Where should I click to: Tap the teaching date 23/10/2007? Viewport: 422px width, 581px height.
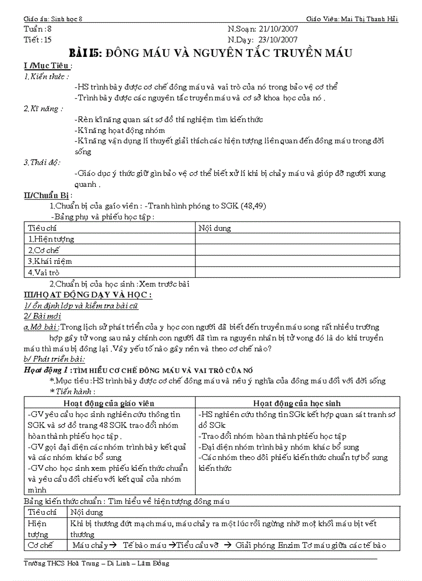click(278, 39)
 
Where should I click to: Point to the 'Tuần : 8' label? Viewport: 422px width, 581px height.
click(38, 29)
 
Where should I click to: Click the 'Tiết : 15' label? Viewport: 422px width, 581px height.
click(38, 39)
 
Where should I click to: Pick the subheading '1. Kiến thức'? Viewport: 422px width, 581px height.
click(46, 76)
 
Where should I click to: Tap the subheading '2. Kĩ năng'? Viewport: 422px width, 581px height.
click(43, 109)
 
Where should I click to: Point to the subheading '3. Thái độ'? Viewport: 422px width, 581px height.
click(41, 162)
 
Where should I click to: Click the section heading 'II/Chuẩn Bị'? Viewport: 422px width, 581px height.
click(47, 195)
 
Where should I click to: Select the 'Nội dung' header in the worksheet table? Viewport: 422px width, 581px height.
click(215, 228)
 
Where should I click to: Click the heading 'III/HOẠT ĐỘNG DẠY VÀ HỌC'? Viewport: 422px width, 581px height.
click(87, 295)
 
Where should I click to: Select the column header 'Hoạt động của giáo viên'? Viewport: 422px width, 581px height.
click(109, 403)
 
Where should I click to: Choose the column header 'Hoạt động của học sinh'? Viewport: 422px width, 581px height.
click(296, 403)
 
